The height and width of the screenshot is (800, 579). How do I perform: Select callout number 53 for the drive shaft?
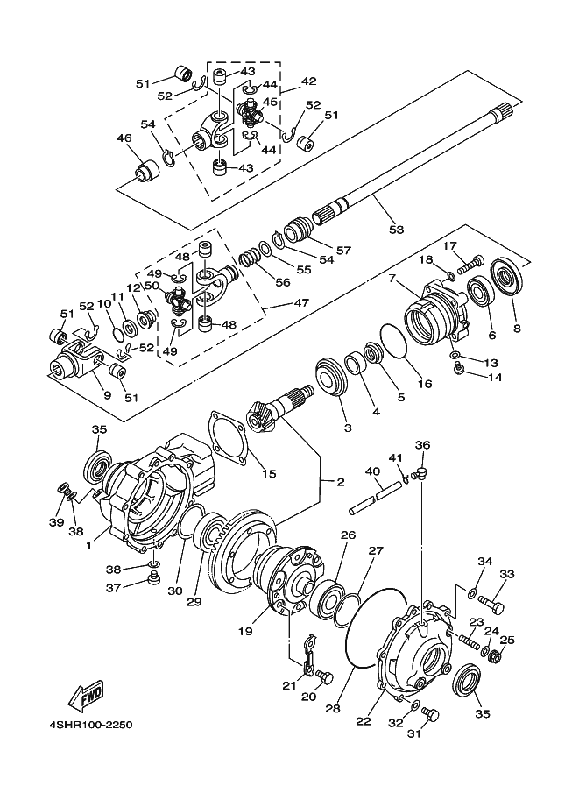pyautogui.click(x=397, y=230)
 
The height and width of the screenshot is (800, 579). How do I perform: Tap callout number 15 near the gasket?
pyautogui.click(x=268, y=474)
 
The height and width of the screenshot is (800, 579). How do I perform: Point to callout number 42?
pyautogui.click(x=308, y=81)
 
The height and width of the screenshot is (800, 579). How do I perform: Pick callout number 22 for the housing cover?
pyautogui.click(x=363, y=721)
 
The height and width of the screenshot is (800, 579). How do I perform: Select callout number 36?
pyautogui.click(x=422, y=445)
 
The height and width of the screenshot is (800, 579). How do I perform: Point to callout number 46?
pyautogui.click(x=124, y=138)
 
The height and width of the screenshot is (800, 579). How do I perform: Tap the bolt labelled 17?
pyautogui.click(x=472, y=259)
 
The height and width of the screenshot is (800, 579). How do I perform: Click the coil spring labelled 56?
pyautogui.click(x=252, y=259)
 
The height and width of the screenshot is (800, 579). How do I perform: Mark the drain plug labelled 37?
pyautogui.click(x=154, y=577)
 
